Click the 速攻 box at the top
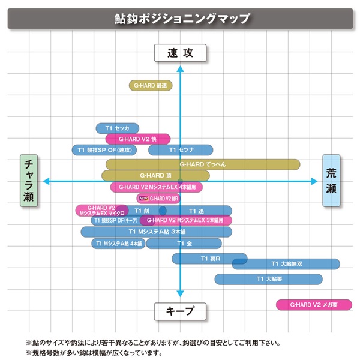179,53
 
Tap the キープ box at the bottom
179,311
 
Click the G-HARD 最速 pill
151,86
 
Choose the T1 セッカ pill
118,128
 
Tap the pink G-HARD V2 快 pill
137,139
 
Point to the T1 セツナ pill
181,149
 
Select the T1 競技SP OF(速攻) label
105,149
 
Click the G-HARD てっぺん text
203,164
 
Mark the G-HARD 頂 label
155,175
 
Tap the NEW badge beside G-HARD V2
143,198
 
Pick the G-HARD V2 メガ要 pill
313,305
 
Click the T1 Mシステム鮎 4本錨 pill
119,244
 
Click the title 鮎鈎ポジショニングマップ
180,18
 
